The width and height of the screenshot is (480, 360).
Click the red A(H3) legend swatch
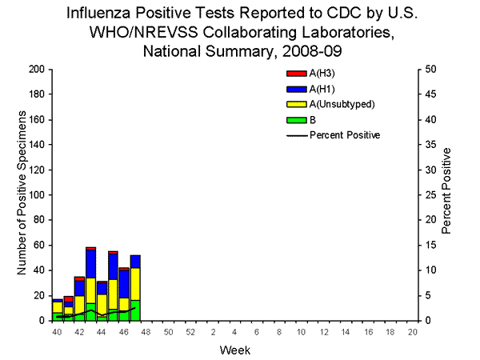(293, 73)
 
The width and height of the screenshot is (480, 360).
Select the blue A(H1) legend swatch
(293, 88)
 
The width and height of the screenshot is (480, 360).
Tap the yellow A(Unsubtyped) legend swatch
(293, 104)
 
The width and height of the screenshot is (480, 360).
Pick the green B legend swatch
(293, 119)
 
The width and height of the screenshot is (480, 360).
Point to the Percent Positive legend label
(346, 134)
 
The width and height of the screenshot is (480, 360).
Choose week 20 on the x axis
(412, 330)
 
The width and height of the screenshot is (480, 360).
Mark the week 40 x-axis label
(57, 330)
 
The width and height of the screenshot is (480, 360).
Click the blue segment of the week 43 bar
(91, 264)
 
